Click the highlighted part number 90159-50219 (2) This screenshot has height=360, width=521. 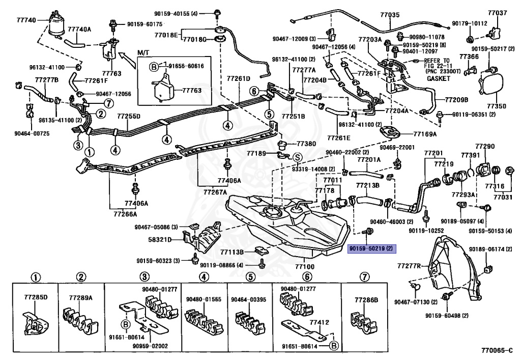[371, 248]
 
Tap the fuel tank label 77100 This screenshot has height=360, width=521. [304, 266]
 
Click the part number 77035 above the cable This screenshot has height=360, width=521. [390, 15]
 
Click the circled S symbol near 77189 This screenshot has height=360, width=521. [297, 157]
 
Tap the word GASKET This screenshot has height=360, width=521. [438, 79]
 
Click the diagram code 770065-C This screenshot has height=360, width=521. [497, 350]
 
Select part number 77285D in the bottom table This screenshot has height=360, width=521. [36, 297]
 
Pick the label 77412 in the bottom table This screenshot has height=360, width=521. [320, 322]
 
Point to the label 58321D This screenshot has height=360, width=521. [160, 239]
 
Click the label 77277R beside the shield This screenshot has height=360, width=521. [409, 266]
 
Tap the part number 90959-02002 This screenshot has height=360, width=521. [150, 346]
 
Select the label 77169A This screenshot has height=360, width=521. [425, 134]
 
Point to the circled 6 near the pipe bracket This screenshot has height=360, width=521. [254, 91]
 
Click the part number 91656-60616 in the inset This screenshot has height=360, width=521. [186, 66]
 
